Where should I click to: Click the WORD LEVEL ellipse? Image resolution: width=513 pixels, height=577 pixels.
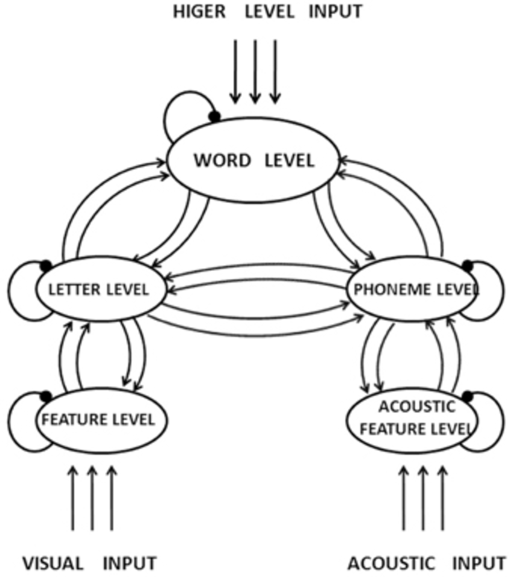click(x=253, y=161)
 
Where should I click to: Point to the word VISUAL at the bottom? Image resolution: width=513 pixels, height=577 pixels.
click(x=53, y=564)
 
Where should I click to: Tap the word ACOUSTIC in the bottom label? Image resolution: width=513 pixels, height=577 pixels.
click(x=390, y=564)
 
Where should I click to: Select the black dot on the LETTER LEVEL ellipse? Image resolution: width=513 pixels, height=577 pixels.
click(x=45, y=265)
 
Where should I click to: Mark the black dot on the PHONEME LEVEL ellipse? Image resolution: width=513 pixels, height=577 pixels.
click(x=467, y=265)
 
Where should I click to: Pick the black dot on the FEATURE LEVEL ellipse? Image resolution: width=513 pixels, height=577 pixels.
click(x=45, y=396)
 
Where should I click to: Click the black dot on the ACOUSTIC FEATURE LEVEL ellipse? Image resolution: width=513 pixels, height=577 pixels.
click(x=467, y=396)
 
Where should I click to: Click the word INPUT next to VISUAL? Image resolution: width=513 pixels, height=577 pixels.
click(x=130, y=564)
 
